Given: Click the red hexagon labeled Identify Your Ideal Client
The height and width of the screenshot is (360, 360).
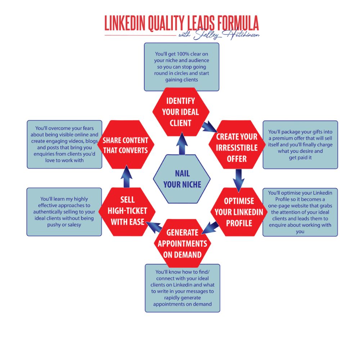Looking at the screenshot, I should pyautogui.click(x=181, y=112).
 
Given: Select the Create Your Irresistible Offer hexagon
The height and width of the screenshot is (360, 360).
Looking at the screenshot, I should pyautogui.click(x=237, y=148).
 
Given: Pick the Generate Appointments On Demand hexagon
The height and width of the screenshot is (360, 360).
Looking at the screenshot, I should pyautogui.click(x=182, y=243).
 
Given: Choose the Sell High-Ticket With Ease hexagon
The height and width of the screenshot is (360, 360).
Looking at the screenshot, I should pyautogui.click(x=127, y=211).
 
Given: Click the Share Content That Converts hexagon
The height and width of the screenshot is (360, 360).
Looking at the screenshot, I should pyautogui.click(x=126, y=145).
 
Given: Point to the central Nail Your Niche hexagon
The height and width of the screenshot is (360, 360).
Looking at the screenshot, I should pyautogui.click(x=182, y=179).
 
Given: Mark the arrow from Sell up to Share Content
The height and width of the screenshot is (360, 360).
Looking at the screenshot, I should pyautogui.click(x=126, y=176).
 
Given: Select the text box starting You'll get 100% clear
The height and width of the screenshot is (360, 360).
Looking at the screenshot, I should pyautogui.click(x=182, y=67).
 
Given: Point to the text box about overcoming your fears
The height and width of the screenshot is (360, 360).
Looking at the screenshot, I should pyautogui.click(x=64, y=144).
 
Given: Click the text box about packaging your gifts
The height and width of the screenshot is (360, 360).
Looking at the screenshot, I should pyautogui.click(x=300, y=144).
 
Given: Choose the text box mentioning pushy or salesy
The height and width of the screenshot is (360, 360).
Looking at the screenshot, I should pyautogui.click(x=64, y=212).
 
